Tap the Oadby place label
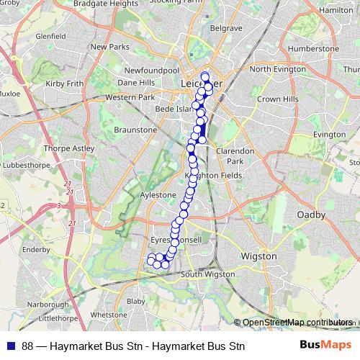(311, 215)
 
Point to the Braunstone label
(135, 130)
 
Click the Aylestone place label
(158, 195)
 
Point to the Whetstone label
(109, 315)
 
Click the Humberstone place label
(312, 48)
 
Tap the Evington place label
(330, 134)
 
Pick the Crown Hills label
(274, 98)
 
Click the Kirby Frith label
(66, 84)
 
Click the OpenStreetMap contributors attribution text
(297, 323)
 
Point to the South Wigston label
(210, 274)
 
